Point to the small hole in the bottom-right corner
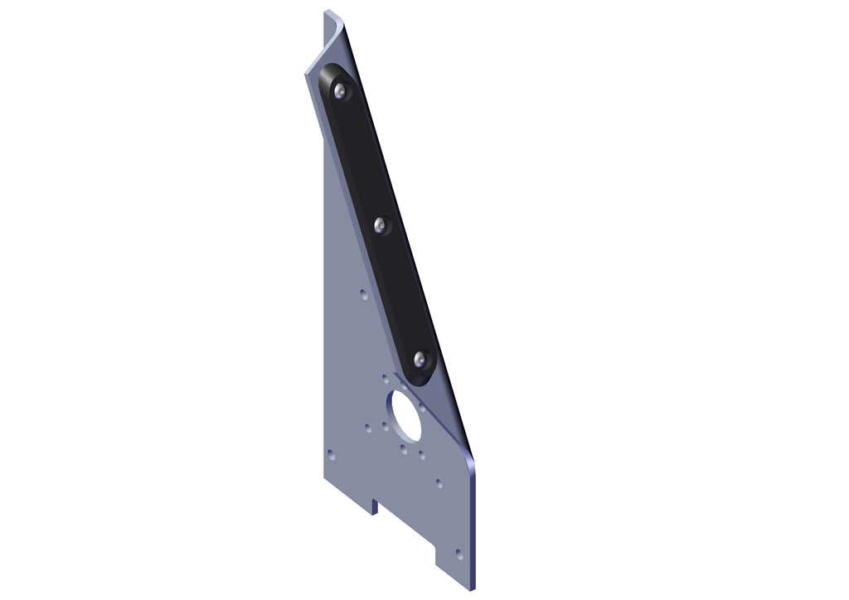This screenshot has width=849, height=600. pyautogui.click(x=460, y=554)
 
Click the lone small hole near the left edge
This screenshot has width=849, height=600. pyautogui.click(x=331, y=454)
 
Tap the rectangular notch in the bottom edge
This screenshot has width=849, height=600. pyautogui.click(x=376, y=506)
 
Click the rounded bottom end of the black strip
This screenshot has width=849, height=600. pyautogui.click(x=428, y=377)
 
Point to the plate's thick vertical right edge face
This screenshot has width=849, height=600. pyautogui.click(x=474, y=522)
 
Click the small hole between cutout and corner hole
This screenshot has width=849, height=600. pyautogui.click(x=439, y=482)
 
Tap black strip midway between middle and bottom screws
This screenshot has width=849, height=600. pyautogui.click(x=401, y=292)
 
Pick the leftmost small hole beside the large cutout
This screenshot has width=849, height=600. pyautogui.click(x=368, y=428)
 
